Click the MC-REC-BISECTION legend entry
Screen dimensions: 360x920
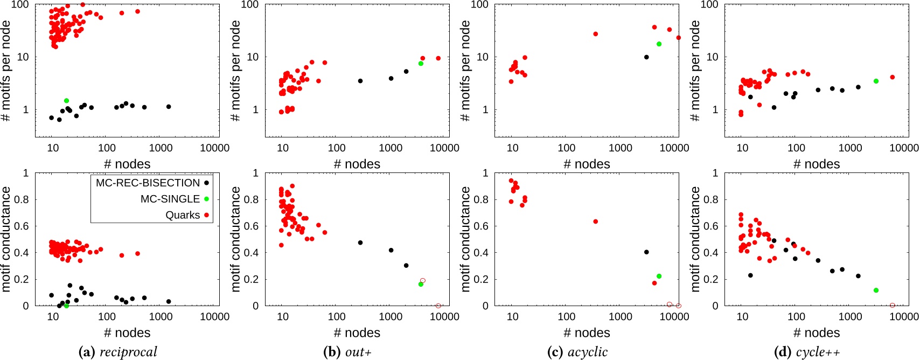148,183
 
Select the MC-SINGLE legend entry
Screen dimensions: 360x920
170,199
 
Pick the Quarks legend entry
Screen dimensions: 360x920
183,215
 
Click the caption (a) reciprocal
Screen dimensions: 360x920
118,352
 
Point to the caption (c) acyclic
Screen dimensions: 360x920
577,352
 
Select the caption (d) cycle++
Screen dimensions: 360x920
807,352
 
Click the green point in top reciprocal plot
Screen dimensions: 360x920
66,101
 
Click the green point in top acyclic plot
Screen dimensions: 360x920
659,44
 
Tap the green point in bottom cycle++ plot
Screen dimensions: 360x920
876,290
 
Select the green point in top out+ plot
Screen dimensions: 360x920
421,64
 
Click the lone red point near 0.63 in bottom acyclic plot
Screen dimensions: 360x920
595,221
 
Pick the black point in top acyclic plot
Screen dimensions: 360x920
646,57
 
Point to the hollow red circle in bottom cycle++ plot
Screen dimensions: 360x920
893,306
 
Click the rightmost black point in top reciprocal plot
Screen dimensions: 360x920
169,107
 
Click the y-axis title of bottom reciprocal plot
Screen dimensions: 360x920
6,239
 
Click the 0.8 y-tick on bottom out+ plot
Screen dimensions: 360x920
252,199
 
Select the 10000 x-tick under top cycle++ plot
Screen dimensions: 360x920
903,148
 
